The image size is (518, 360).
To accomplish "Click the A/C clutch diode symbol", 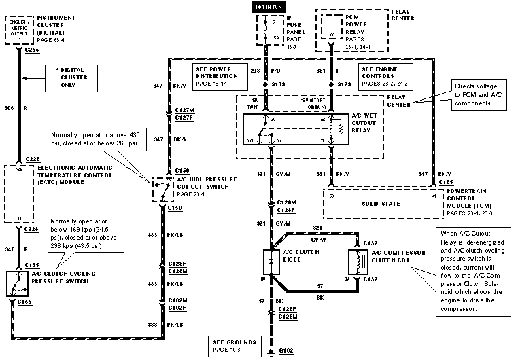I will [271, 262].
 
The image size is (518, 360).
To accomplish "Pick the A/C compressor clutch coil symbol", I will [354, 262].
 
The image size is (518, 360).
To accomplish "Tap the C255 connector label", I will [29, 50].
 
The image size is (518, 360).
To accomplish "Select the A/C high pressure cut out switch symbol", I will [162, 188].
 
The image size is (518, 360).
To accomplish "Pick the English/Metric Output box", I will [16, 31].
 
